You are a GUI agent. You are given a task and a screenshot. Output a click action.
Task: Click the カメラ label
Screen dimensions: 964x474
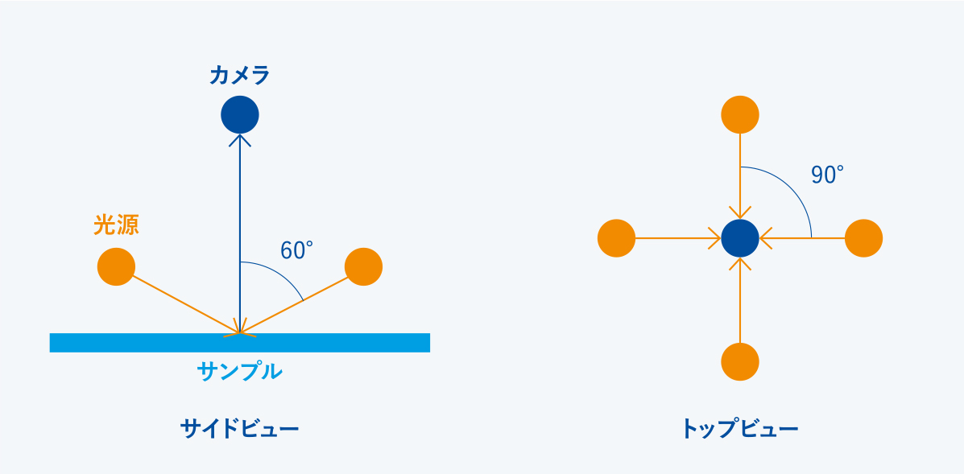point(240,76)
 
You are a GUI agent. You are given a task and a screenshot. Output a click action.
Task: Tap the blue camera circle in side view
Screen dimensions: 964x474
point(240,115)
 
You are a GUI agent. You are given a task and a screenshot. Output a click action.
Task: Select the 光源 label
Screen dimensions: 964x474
point(116,225)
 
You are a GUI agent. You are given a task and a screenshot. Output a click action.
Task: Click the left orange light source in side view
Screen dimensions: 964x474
point(116,266)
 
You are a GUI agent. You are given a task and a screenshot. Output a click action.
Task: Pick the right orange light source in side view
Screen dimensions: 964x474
point(363,266)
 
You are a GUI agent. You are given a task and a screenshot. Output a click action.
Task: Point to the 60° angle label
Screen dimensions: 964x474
point(297,250)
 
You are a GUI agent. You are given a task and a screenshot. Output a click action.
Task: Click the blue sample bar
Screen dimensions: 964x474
point(240,343)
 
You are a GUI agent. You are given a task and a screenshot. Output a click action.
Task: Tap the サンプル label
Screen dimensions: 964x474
point(240,371)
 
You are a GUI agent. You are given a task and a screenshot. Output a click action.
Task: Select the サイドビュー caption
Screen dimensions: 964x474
point(240,428)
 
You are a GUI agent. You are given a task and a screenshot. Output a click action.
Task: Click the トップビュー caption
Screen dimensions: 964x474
point(740,428)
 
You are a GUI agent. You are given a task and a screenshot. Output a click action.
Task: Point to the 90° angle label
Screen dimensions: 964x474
point(827,175)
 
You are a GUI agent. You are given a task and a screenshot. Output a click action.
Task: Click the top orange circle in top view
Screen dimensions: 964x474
point(740,115)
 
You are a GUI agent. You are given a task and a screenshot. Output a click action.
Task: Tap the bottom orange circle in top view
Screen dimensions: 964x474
point(740,361)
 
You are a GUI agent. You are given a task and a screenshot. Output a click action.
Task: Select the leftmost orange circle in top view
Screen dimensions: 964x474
point(616,238)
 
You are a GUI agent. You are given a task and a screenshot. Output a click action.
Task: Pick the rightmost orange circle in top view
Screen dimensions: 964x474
point(864,238)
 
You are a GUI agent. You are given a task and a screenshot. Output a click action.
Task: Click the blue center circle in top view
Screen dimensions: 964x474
point(740,238)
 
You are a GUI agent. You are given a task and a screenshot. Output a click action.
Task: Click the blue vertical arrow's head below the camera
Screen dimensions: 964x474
point(240,139)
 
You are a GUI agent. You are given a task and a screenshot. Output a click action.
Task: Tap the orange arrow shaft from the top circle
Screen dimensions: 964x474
point(740,176)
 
